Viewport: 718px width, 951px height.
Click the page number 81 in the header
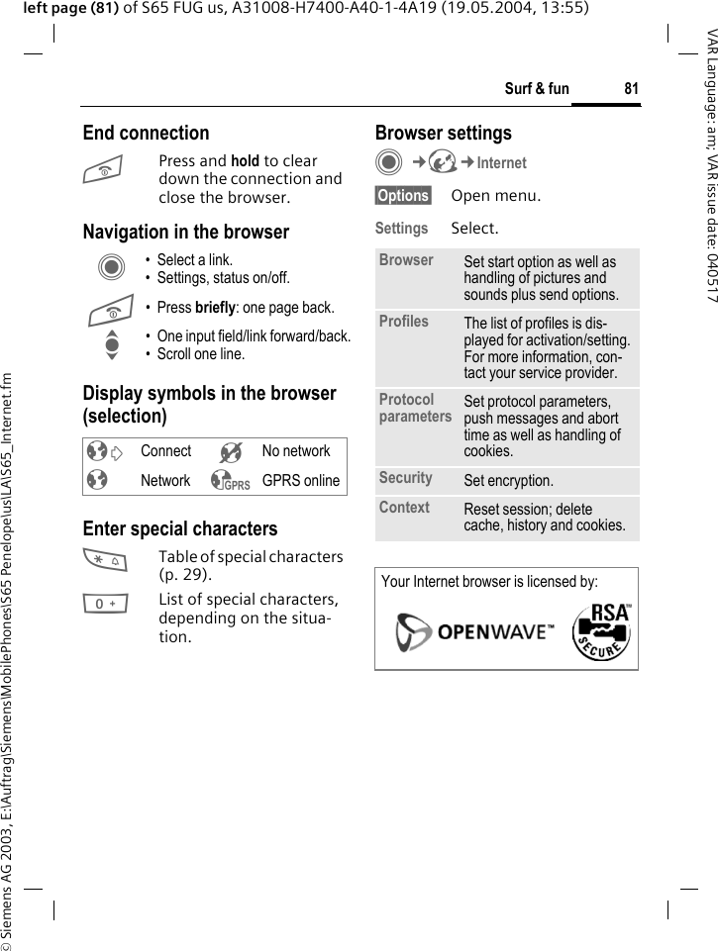[631, 89]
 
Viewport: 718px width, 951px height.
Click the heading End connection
[146, 133]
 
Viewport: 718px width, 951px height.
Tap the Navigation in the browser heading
[186, 232]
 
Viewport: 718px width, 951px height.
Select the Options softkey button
[403, 196]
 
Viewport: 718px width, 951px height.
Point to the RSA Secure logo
[601, 630]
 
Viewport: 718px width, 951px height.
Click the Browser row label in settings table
[406, 260]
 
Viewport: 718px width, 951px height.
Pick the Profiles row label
[403, 322]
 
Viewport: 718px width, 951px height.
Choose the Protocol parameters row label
[414, 408]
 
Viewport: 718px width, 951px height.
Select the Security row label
[405, 478]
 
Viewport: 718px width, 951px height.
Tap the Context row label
[404, 508]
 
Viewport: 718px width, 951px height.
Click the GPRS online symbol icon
[230, 481]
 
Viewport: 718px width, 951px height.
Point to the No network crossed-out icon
[231, 452]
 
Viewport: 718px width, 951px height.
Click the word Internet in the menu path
[501, 163]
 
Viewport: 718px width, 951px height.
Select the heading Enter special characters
[180, 528]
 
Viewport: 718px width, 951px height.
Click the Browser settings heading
[443, 133]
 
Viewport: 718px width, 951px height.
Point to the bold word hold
[245, 160]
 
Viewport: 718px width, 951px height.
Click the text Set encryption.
[508, 481]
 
